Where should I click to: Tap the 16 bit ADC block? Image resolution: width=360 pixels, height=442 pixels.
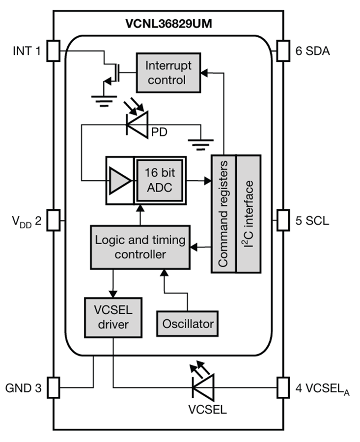(x=161, y=180)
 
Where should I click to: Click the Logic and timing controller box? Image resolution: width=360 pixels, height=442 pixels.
(x=140, y=247)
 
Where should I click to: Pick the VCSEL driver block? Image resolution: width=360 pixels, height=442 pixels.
(x=113, y=317)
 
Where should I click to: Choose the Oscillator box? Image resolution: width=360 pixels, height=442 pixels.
(x=188, y=324)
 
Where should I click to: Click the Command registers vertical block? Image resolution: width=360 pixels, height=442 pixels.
(x=223, y=214)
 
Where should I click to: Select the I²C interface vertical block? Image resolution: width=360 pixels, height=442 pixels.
(x=249, y=214)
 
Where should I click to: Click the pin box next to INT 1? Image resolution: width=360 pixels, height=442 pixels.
(x=53, y=51)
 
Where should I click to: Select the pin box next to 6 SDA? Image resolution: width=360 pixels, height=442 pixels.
(x=283, y=51)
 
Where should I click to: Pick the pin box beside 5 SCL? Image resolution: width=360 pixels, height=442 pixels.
(x=283, y=220)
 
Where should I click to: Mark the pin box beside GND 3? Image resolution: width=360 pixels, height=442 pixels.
(x=53, y=387)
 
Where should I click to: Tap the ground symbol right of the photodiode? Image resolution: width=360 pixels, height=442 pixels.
(x=201, y=144)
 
